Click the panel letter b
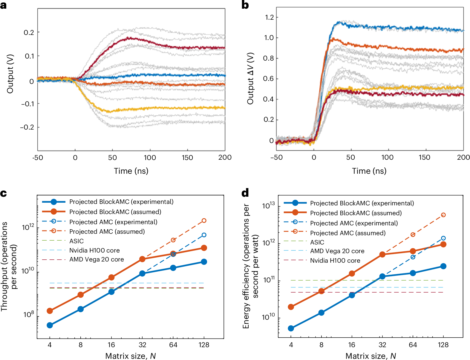245,5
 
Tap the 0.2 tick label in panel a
29,32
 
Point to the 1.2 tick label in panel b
269,17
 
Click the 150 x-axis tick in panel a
187,158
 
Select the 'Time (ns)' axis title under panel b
369,171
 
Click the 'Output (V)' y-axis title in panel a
10,74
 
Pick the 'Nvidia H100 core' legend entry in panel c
94,250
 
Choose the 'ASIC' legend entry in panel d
317,242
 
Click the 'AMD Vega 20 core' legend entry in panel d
337,251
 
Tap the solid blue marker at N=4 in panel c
50,325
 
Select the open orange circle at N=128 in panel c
204,221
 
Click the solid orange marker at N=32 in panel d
382,254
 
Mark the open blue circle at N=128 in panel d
443,238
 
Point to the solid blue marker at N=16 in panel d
352,295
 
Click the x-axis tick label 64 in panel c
173,345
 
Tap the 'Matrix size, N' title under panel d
371,356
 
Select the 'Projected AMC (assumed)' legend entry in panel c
107,232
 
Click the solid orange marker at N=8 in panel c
80,295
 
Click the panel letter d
245,193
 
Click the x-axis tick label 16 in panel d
352,345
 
